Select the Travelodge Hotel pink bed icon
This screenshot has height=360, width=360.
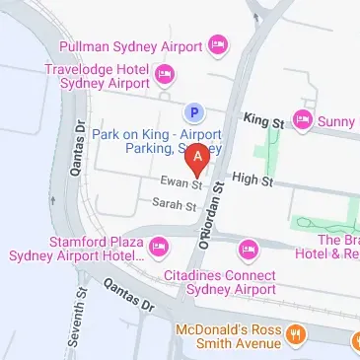pyautogui.click(x=166, y=74)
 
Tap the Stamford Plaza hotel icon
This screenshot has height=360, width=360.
pyautogui.click(x=158, y=244)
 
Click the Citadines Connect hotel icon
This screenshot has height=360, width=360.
pyautogui.click(x=248, y=246)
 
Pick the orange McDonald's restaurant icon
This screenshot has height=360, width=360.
pyautogui.click(x=293, y=335)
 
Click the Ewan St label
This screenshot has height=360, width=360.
pyautogui.click(x=182, y=183)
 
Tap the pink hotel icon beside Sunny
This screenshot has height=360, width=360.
pyautogui.click(x=303, y=121)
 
